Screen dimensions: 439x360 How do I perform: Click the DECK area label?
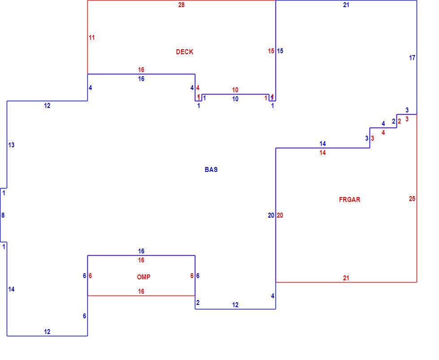click(x=185, y=52)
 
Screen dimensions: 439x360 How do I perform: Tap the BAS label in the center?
click(x=211, y=170)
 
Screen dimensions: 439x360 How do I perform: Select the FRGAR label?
click(x=349, y=200)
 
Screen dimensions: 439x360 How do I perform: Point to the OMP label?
click(x=144, y=277)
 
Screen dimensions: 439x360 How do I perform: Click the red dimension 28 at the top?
click(x=181, y=5)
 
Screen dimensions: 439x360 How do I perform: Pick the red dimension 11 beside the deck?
click(x=91, y=38)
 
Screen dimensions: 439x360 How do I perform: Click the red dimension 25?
click(x=412, y=199)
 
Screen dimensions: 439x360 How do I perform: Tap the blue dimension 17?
click(x=412, y=58)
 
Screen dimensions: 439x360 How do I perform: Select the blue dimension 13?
click(x=11, y=145)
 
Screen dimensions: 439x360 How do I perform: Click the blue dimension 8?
click(x=3, y=215)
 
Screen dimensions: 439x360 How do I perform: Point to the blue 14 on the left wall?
click(x=11, y=289)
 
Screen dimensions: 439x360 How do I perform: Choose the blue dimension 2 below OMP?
click(x=198, y=303)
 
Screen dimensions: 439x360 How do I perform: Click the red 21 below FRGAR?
click(x=346, y=278)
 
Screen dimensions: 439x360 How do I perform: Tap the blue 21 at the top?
click(x=346, y=5)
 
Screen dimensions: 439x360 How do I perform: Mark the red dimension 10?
click(x=235, y=90)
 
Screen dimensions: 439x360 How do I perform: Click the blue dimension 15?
click(x=280, y=51)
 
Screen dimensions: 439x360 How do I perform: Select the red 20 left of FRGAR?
click(x=280, y=215)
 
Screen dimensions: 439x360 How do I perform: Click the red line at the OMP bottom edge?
click(x=142, y=296)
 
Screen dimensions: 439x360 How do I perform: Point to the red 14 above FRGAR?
click(x=323, y=153)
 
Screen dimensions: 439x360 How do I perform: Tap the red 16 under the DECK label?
click(x=141, y=70)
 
